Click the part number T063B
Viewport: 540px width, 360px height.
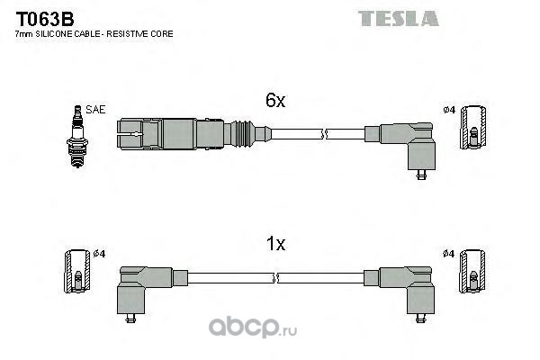click(45, 19)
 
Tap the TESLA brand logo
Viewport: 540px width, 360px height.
click(399, 19)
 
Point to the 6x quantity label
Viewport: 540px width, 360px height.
click(275, 100)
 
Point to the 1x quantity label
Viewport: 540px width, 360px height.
click(275, 244)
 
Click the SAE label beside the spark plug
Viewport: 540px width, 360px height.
click(95, 110)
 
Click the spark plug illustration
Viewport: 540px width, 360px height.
click(77, 137)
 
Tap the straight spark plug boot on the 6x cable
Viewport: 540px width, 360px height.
click(170, 134)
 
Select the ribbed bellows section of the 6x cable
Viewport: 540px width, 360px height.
click(243, 134)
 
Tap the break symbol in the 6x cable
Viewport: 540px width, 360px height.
click(324, 134)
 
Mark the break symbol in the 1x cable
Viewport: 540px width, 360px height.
click(275, 278)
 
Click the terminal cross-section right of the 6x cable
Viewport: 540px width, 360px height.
click(473, 128)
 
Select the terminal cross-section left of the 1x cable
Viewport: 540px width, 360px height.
click(77, 271)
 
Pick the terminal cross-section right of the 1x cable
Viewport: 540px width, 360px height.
click(472, 272)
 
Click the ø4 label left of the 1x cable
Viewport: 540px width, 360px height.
click(99, 254)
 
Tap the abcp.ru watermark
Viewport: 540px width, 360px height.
click(252, 328)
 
